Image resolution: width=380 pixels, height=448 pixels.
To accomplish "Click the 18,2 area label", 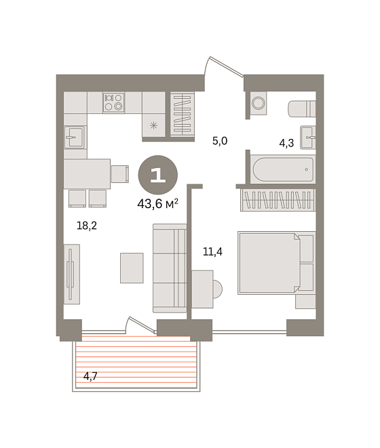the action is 87,226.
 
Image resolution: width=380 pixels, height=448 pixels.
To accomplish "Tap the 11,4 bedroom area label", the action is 212,251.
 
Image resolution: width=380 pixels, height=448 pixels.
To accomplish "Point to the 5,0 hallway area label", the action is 220,141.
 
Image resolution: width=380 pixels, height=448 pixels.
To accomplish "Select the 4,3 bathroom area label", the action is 286,143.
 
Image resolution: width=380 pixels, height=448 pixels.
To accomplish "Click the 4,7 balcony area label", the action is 90,376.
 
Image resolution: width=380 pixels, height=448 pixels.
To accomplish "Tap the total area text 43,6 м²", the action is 157,204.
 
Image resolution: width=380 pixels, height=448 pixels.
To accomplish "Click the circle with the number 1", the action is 158,175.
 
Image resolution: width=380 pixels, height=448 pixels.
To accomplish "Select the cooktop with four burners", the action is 113,102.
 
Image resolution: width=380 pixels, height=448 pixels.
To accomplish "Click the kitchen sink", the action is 75,137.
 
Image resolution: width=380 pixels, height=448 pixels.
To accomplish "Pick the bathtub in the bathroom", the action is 283,169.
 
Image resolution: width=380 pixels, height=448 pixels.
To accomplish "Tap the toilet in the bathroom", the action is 302,108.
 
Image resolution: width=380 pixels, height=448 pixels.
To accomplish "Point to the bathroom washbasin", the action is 308,138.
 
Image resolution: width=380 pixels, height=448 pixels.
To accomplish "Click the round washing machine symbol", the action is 259,103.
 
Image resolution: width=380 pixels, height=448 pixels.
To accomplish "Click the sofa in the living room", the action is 170,268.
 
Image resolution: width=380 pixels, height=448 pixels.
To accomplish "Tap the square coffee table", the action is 132,268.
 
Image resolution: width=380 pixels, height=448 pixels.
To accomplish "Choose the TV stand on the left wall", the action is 71,274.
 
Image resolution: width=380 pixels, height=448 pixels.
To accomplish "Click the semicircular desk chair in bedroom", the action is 217,289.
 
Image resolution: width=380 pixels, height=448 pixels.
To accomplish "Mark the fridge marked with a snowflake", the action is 153,125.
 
